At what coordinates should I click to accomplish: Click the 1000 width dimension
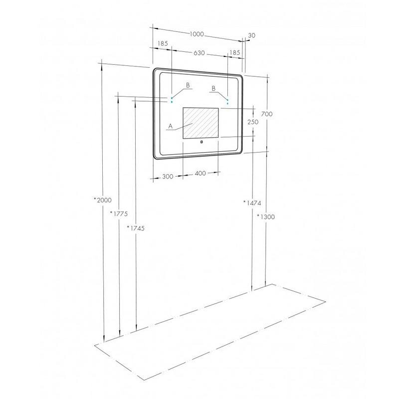[197, 34]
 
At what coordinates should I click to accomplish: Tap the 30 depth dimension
[251, 35]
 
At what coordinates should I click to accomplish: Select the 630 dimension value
[199, 53]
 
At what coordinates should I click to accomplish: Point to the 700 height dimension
[267, 114]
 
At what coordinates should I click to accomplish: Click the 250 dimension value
[253, 122]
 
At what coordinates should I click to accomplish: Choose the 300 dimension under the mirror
[168, 177]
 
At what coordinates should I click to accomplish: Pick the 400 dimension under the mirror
[200, 173]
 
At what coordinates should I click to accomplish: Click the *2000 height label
[103, 200]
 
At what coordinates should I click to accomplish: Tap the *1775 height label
[119, 214]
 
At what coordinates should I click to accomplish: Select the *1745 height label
[136, 228]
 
